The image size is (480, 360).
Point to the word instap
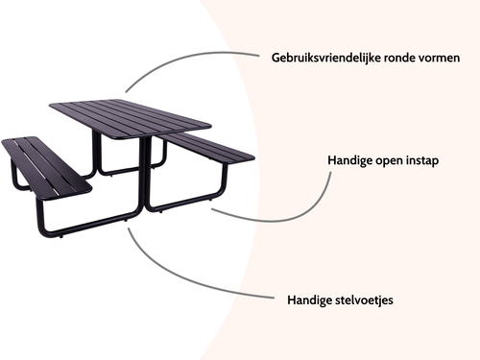click(420, 160)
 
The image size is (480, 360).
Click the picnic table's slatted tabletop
click(129, 116)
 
